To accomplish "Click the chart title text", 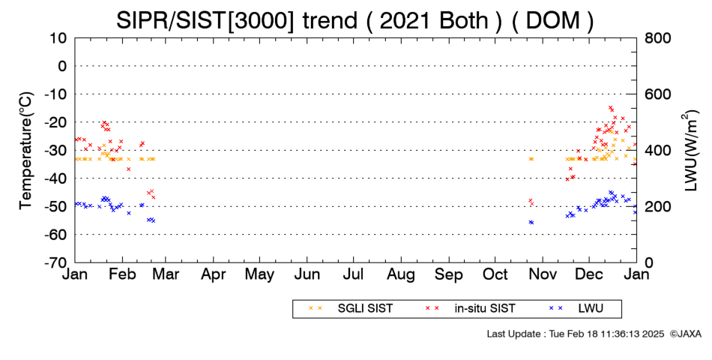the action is [355, 20].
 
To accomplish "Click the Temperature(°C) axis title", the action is [26, 151].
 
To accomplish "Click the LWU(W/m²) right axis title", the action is [690, 151].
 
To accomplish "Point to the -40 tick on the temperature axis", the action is [56, 178].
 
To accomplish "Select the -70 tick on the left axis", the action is [56, 262].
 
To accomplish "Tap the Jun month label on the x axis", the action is [307, 274].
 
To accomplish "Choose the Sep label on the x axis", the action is [449, 274].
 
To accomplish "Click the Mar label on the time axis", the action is [166, 274].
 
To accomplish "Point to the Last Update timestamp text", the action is [576, 334].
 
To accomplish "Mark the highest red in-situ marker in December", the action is [610, 108].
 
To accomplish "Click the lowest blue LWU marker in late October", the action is [531, 223].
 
